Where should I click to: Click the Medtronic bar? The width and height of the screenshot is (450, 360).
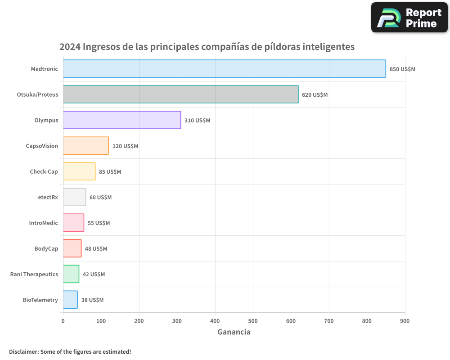224,69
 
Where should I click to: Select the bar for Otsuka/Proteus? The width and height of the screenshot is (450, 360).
180,94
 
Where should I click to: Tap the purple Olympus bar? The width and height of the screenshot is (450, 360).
121,120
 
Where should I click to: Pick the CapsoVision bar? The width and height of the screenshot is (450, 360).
85,146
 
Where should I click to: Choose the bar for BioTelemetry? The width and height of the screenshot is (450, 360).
70,300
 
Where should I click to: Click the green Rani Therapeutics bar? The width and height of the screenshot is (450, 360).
71,274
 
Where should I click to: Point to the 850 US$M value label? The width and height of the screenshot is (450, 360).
402,69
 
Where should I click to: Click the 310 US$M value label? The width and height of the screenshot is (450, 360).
197,121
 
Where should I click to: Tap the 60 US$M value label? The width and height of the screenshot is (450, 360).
100,198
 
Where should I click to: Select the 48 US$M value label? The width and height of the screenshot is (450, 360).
96,249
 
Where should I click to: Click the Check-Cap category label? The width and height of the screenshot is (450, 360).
44,171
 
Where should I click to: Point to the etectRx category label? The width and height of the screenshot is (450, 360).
48,197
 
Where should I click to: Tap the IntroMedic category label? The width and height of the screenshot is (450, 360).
44,223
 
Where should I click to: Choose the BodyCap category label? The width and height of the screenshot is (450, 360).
46,248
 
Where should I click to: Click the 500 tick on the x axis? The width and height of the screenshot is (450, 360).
253,321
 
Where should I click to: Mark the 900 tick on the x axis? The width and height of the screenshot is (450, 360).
405,321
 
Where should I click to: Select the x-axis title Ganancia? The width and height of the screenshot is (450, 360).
234,332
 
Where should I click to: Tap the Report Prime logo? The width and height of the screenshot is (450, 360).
409,18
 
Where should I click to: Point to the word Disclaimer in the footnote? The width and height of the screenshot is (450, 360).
23,351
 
